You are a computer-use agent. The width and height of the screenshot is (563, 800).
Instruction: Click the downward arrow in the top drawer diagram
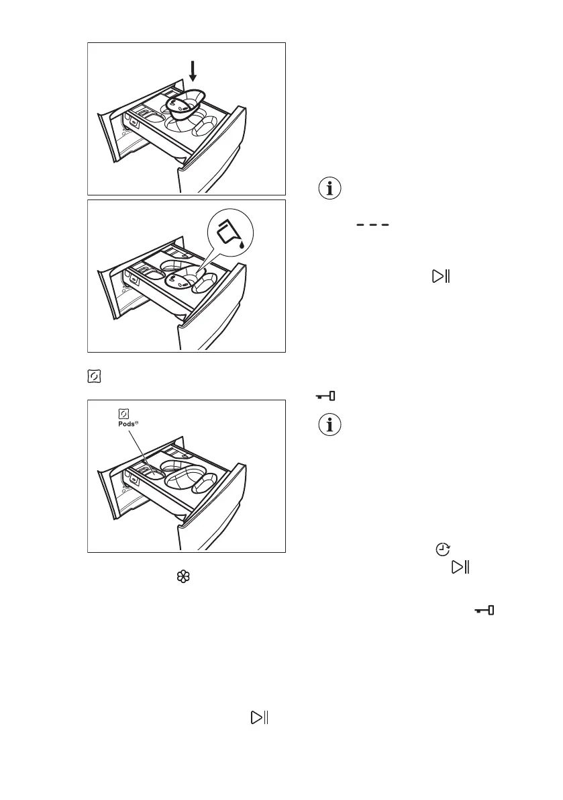[193, 69]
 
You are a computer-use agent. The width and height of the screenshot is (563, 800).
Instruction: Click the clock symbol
[442, 549]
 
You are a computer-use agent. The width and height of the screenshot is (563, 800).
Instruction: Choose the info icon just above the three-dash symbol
[329, 189]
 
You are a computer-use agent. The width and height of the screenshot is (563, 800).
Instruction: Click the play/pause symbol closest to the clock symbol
[460, 568]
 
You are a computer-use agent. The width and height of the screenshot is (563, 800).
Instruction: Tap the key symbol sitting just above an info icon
[326, 397]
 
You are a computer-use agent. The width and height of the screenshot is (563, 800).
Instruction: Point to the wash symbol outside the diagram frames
[94, 377]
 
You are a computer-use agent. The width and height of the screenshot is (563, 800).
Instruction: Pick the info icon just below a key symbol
[329, 426]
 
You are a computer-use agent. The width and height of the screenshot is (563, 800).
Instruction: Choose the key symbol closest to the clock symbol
[484, 611]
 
